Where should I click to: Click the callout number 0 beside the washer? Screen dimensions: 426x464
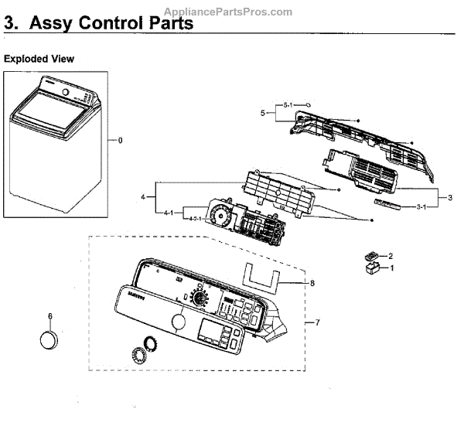pos(120,140)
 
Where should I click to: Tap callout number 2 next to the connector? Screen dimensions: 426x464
pos(391,255)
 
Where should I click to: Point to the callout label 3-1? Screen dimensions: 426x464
pos(423,207)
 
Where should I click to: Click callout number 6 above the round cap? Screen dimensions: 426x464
pos(50,315)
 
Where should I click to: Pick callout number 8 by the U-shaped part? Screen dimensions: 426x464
pos(312,283)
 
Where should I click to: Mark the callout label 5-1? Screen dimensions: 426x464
pos(287,104)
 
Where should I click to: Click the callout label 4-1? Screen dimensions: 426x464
pos(169,212)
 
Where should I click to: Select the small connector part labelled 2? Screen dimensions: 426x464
pos(371,256)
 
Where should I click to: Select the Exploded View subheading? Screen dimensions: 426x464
pos(39,59)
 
